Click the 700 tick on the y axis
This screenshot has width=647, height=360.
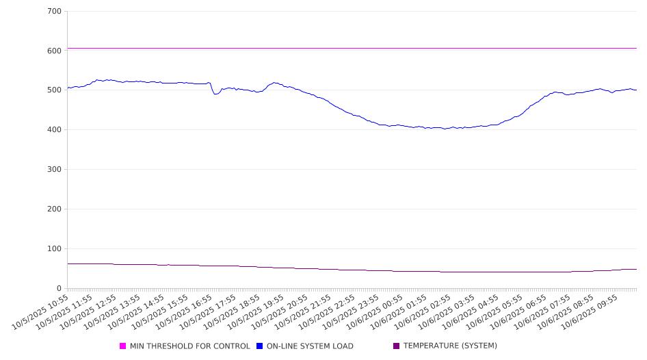pyautogui.click(x=54, y=12)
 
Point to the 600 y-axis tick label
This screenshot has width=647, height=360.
pyautogui.click(x=54, y=51)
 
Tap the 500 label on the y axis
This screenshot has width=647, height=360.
pyautogui.click(x=54, y=90)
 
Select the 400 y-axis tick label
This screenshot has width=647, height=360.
pyautogui.click(x=54, y=130)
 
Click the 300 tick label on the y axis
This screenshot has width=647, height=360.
pyautogui.click(x=54, y=170)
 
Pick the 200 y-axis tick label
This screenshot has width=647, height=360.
pyautogui.click(x=54, y=209)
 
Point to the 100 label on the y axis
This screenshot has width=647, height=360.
pyautogui.click(x=54, y=249)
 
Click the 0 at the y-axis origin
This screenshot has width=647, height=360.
pyautogui.click(x=60, y=289)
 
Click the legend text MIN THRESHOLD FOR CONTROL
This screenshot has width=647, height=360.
pyautogui.click(x=189, y=346)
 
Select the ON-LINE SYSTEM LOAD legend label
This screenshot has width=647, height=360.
pyautogui.click(x=310, y=346)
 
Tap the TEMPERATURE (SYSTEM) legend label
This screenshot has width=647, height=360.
pyautogui.click(x=450, y=346)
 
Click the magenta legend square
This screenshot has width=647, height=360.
pyautogui.click(x=123, y=346)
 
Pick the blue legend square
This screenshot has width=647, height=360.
pyautogui.click(x=260, y=346)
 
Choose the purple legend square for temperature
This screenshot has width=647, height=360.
pyautogui.click(x=396, y=346)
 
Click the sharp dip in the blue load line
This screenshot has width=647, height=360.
pyautogui.click(x=215, y=94)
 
